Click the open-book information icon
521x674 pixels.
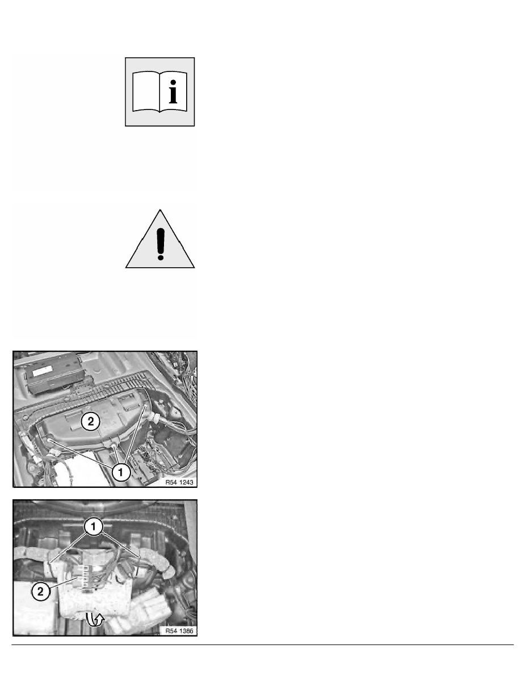160,92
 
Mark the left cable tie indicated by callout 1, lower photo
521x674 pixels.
51,562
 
